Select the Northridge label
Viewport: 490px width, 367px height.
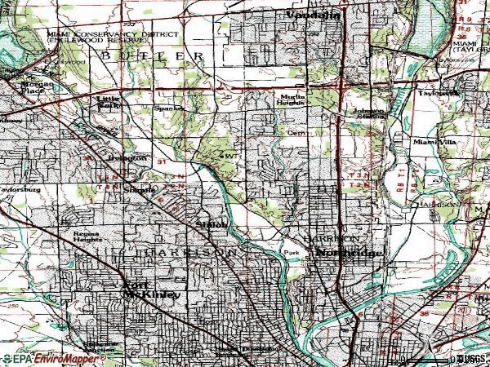click(x=349, y=254)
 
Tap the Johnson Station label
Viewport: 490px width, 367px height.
click(x=367, y=114)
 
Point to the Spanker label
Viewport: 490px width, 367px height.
click(x=167, y=108)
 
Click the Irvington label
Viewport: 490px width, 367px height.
click(x=131, y=157)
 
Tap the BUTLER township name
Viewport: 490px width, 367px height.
click(x=153, y=55)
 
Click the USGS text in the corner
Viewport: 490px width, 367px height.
click(x=470, y=358)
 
